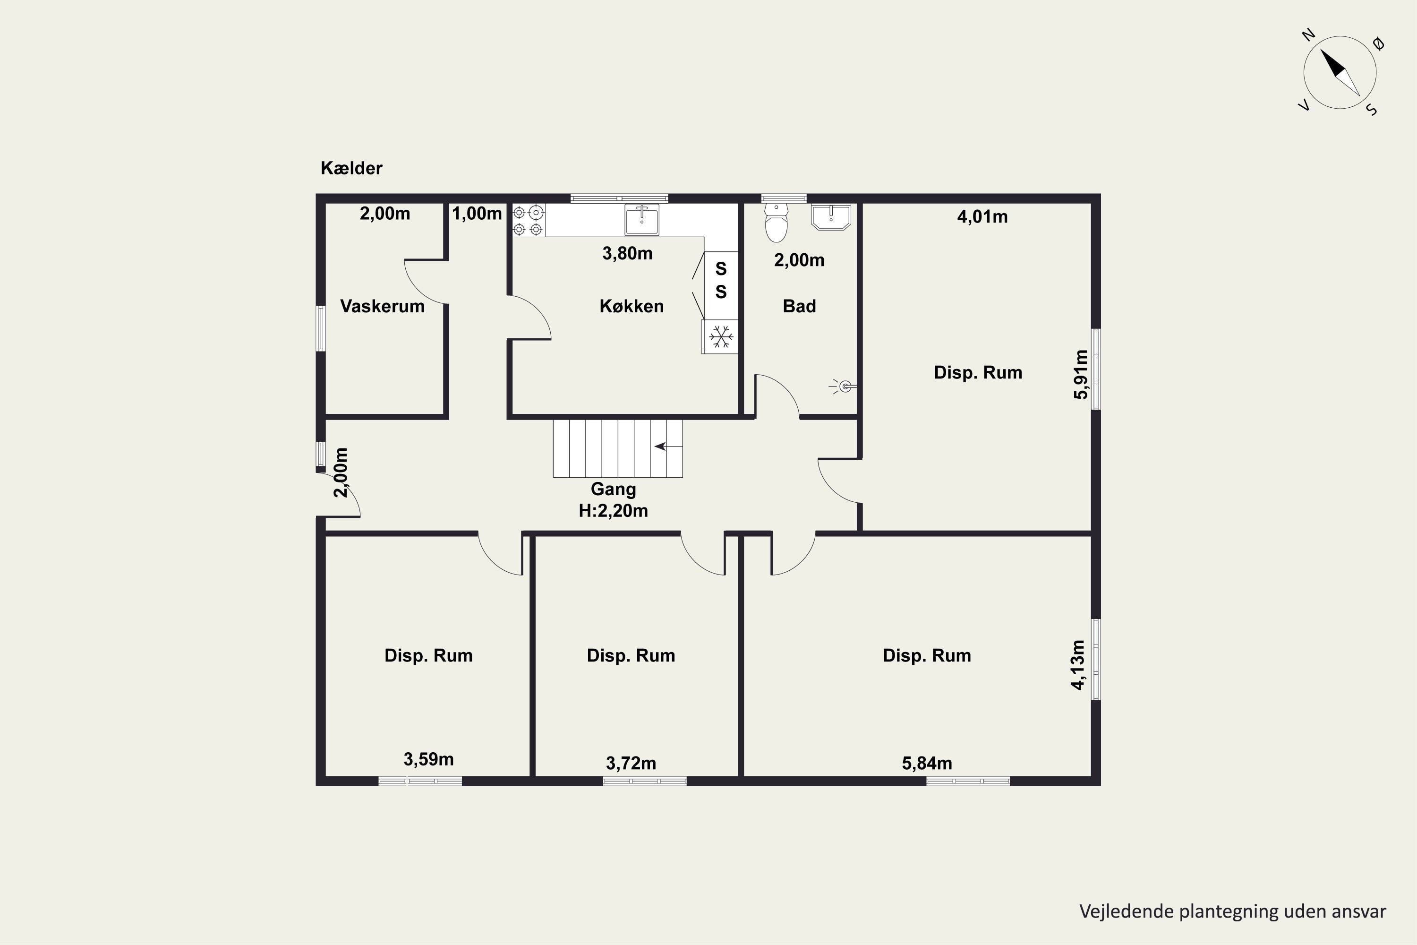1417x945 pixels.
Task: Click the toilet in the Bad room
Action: pos(776,223)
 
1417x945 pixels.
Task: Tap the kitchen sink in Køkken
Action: pos(641,219)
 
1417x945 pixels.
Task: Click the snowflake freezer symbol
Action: pos(721,336)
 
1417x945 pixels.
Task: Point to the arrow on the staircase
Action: pos(669,446)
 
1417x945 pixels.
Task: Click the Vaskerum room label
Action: pos(382,306)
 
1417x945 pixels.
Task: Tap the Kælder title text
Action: pos(351,168)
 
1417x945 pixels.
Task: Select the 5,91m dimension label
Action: pos(1081,374)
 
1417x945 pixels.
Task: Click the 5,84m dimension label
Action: pos(927,764)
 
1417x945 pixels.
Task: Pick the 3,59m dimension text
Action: pos(428,759)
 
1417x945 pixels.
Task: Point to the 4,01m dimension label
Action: pos(982,217)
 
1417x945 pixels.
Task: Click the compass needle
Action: pos(1340,72)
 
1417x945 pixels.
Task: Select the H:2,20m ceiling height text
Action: pos(613,511)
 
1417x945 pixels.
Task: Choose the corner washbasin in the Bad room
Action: pos(831,217)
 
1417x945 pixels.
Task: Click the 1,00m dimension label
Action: pos(477,214)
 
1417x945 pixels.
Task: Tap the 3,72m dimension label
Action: pos(631,764)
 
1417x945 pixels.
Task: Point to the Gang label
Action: pos(613,490)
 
